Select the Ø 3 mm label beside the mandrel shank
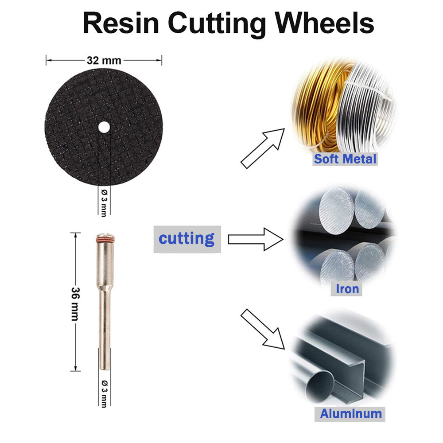pos(104,392)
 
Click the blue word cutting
pos(187,238)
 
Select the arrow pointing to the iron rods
pos(255,240)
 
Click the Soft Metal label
pos(345,159)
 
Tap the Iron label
pos(347,289)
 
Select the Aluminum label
pos(351,414)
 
